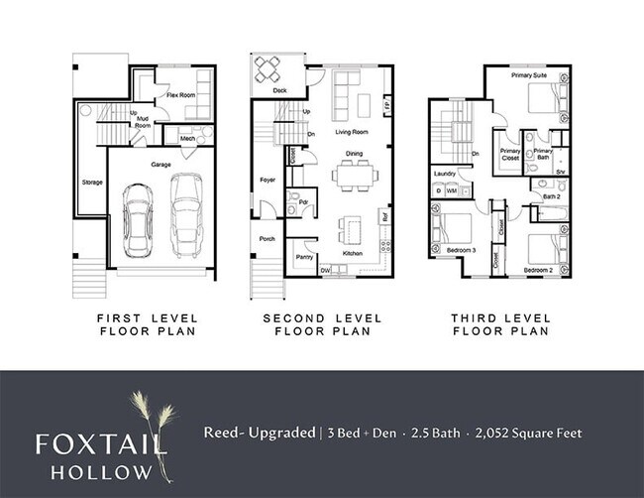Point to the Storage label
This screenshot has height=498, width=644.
pos(92,183)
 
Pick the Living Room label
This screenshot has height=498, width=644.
pos(352,131)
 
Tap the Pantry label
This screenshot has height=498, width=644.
pos(304,256)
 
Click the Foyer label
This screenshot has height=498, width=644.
pos(268,180)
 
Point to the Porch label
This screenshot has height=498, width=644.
pos(268,238)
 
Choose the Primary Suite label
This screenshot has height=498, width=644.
pos(529,74)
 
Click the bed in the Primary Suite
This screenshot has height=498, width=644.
pos(542,99)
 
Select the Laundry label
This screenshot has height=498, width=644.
pos(445,175)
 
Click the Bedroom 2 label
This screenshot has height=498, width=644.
pos(538,269)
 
